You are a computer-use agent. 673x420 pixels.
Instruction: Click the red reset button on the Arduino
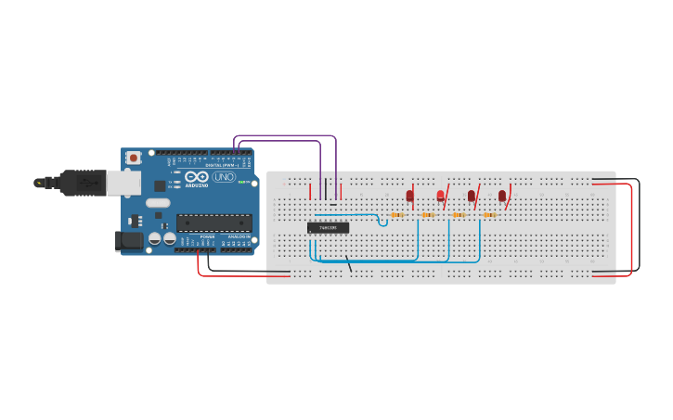(x=134, y=158)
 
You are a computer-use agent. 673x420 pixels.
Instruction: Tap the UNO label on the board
(x=224, y=176)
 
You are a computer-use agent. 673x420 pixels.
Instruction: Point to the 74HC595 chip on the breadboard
(x=328, y=227)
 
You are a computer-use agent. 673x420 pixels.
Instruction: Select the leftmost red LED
(x=409, y=196)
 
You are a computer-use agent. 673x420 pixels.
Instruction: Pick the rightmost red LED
(x=502, y=196)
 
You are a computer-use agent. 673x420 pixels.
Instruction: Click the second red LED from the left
(x=440, y=196)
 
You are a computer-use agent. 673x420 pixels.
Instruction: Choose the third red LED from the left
(x=471, y=196)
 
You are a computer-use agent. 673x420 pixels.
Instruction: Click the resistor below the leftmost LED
(x=397, y=215)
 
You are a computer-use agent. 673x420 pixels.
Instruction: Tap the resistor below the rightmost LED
(x=489, y=215)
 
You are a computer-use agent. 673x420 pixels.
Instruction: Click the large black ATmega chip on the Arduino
(x=214, y=223)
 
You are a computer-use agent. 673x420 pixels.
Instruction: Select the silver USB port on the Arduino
(x=123, y=182)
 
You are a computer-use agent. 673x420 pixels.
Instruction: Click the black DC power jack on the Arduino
(x=130, y=241)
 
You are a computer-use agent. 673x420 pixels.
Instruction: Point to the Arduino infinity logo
(x=197, y=176)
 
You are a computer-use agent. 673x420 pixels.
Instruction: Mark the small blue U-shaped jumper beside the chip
(x=382, y=221)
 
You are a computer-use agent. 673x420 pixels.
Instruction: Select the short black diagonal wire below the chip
(x=349, y=265)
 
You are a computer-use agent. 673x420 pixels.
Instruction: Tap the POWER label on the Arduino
(x=207, y=236)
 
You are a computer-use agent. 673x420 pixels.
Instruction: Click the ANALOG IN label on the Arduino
(x=239, y=236)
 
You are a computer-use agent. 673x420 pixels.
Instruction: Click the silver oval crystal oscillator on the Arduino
(x=158, y=203)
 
